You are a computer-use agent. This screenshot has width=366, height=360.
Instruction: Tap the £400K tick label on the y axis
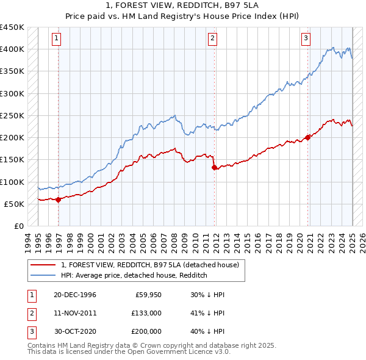(x=12, y=49)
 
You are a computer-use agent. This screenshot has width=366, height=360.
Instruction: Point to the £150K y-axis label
(x=12, y=160)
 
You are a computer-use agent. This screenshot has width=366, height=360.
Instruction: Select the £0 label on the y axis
(x=18, y=226)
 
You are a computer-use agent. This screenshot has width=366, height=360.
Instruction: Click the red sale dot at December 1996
(x=59, y=200)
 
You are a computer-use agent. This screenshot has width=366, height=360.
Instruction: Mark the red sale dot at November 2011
(x=214, y=167)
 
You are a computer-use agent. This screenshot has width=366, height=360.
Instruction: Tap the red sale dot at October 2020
(x=308, y=137)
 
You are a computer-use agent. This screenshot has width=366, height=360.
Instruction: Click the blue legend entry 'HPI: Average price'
(x=134, y=276)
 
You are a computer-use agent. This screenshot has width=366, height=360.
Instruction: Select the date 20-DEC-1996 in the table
(x=75, y=295)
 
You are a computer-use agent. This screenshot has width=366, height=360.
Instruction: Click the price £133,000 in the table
(x=146, y=313)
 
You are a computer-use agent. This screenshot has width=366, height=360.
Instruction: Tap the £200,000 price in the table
(x=146, y=331)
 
